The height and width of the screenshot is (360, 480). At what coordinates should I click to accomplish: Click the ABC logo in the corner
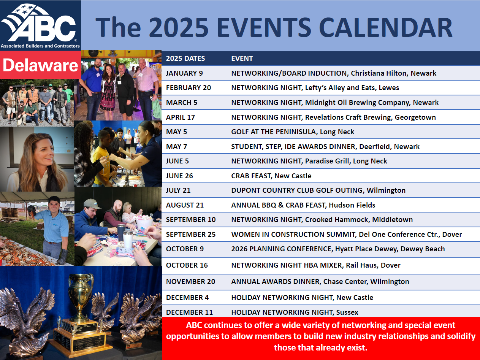pyautogui.click(x=40, y=25)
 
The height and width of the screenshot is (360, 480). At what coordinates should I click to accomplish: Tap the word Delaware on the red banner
pyautogui.click(x=40, y=65)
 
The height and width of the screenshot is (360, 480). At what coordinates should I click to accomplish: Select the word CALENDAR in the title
pyautogui.click(x=385, y=28)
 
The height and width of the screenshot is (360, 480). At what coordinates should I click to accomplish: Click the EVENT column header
pyautogui.click(x=242, y=59)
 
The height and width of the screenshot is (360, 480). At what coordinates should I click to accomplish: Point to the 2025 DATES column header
pyautogui.click(x=185, y=59)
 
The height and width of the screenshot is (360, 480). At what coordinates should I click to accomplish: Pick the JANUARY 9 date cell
pyautogui.click(x=184, y=73)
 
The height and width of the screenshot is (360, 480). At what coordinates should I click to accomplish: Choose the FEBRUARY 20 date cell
pyautogui.click(x=188, y=88)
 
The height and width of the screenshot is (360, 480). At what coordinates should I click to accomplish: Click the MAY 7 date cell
pyautogui.click(x=176, y=146)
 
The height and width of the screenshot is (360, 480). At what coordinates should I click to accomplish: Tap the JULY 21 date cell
pyautogui.click(x=178, y=190)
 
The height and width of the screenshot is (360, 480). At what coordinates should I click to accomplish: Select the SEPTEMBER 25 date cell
pyautogui.click(x=191, y=234)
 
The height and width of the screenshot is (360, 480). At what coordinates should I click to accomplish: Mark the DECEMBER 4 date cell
pyautogui.click(x=187, y=297)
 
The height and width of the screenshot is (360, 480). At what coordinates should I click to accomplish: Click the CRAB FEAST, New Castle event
pyautogui.click(x=271, y=176)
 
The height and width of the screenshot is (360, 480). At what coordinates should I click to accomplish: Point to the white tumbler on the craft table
pyautogui.click(x=128, y=239)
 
